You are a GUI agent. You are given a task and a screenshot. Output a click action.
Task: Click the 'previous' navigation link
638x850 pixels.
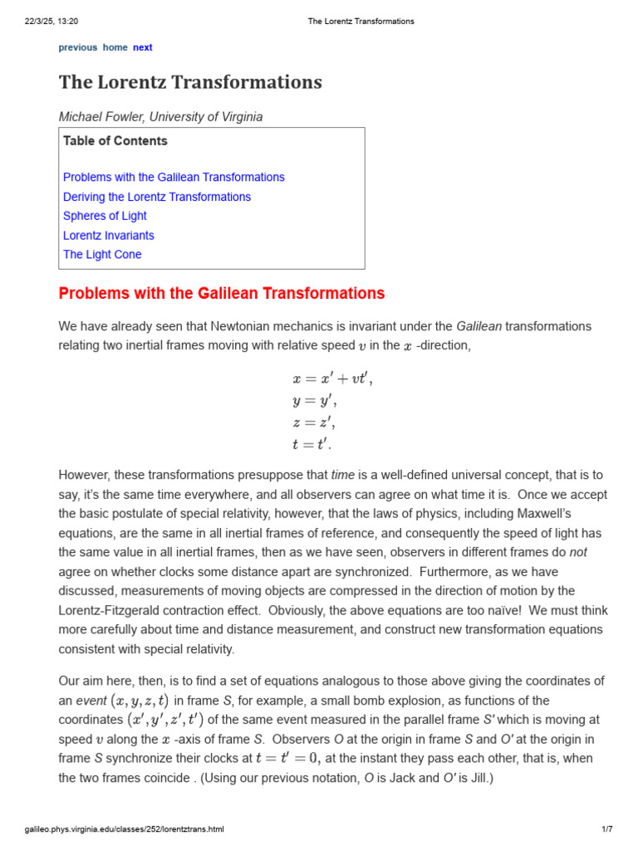(77, 47)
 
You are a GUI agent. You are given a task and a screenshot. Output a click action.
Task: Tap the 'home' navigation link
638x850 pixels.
(115, 47)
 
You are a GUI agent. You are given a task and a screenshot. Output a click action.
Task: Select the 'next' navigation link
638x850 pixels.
(143, 47)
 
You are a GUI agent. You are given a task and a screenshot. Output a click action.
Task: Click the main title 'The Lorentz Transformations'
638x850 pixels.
(190, 82)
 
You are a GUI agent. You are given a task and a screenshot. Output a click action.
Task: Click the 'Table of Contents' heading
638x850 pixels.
(115, 141)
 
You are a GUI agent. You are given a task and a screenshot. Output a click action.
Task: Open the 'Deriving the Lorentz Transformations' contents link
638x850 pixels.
(157, 197)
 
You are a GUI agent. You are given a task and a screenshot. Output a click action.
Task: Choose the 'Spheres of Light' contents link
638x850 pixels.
(105, 216)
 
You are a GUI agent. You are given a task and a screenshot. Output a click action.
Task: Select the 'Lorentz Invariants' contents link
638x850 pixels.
(108, 236)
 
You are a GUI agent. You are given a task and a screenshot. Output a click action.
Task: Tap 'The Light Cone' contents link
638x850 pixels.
(102, 255)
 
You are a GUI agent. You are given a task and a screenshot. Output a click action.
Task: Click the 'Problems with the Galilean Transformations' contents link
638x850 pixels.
(174, 178)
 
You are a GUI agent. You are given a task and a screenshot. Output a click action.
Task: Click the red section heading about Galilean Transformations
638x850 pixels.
(222, 293)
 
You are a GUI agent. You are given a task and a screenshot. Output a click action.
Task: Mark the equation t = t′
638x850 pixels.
(312, 444)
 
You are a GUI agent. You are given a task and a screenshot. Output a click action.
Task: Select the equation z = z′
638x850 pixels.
(313, 423)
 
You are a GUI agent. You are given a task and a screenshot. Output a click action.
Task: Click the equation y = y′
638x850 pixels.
(313, 401)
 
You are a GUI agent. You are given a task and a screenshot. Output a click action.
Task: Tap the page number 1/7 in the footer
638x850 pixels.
(606, 829)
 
